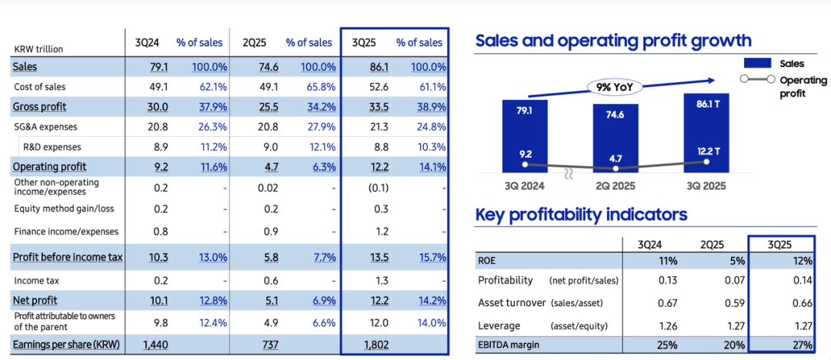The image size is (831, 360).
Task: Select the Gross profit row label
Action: point(38,107)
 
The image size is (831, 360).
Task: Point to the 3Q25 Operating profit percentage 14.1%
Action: point(429,167)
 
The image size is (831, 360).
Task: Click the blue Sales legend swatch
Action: point(758,64)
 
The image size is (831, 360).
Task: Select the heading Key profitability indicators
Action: point(581,215)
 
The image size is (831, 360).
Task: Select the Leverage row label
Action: point(499,325)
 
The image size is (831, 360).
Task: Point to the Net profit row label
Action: point(35,301)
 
